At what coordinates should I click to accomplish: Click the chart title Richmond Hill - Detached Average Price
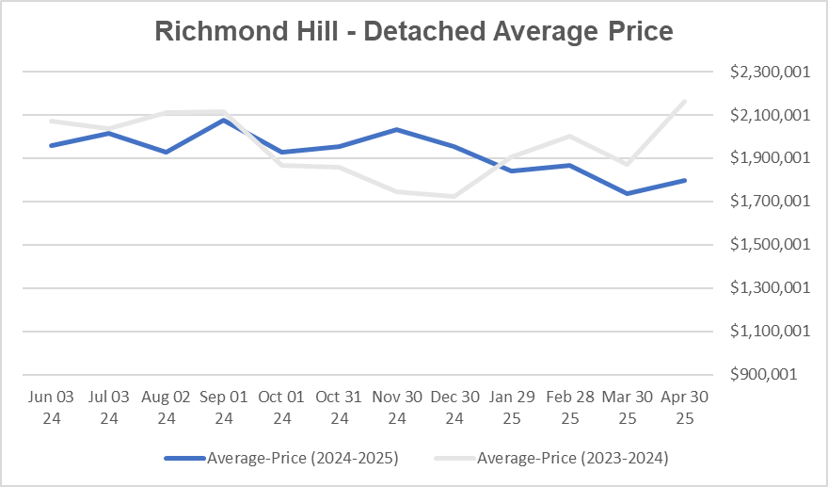coord(414,31)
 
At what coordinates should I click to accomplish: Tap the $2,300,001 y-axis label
coord(769,72)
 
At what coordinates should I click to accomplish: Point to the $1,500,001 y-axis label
coord(769,245)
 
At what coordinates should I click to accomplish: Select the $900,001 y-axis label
coord(774,374)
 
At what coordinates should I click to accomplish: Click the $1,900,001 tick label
coord(769,158)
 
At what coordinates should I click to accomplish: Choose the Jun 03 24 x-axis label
coord(52,407)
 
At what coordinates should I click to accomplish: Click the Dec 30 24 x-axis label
coord(454,407)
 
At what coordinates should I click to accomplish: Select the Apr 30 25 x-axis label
coord(685,407)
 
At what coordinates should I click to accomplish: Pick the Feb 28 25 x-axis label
coord(569,407)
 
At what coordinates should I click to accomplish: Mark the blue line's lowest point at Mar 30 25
coord(627,193)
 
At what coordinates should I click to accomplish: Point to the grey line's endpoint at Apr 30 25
coord(685,101)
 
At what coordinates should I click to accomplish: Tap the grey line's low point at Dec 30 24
coord(454,196)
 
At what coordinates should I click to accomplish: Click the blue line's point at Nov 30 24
coord(397,129)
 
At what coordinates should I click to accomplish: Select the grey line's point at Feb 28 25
coord(569,136)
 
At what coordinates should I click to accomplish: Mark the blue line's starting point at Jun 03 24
coord(52,145)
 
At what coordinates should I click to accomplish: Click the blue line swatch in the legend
coord(185,459)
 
